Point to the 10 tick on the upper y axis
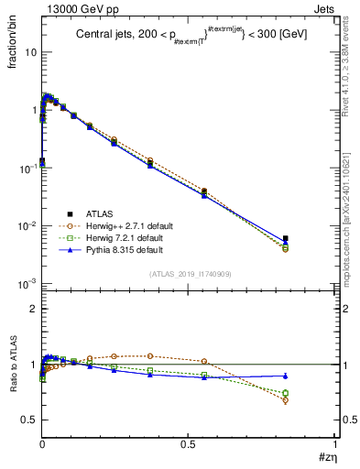(x=30, y=52)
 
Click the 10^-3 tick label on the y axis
(x=27, y=284)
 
